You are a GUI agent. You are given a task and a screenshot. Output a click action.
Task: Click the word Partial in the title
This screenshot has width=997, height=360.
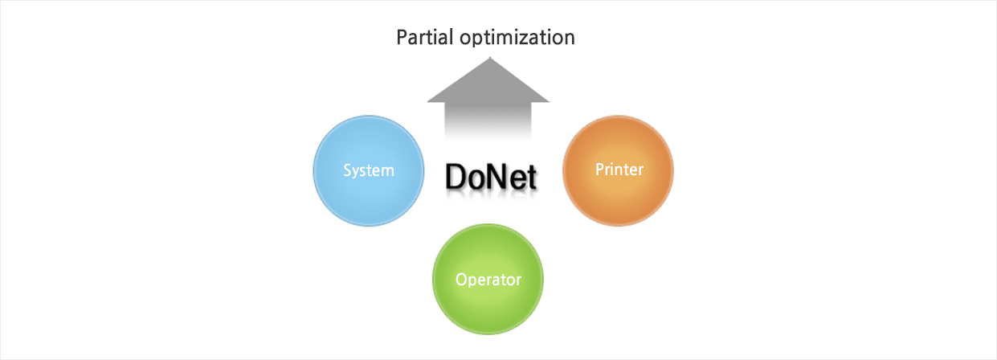(426, 37)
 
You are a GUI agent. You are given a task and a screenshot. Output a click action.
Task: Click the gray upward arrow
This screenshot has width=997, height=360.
(488, 96)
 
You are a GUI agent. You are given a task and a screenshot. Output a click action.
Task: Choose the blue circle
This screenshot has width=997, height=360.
(368, 170)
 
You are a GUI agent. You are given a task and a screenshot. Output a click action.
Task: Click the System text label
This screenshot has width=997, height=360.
(368, 170)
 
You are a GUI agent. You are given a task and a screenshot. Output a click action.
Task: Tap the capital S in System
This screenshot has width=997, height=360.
(347, 170)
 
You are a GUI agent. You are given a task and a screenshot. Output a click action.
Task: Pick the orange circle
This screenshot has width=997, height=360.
(618, 170)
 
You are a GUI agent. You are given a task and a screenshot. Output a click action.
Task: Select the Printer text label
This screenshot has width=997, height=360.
(619, 170)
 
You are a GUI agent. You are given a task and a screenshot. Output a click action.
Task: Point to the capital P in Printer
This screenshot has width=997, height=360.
(599, 170)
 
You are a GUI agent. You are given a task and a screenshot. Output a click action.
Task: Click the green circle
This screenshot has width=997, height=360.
(488, 280)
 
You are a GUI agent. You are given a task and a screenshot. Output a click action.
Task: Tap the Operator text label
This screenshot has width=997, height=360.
(488, 280)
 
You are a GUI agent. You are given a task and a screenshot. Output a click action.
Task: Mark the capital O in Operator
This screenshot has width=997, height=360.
(461, 280)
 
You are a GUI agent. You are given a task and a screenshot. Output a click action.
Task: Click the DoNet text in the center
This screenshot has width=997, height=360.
(490, 177)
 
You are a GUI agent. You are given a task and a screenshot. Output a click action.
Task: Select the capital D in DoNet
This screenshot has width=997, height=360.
(456, 177)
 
